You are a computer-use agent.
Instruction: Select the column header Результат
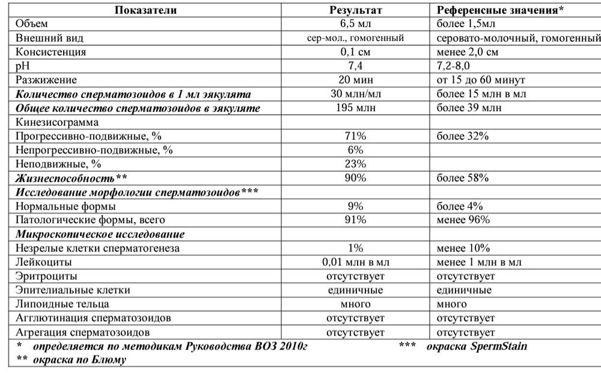pos(355,10)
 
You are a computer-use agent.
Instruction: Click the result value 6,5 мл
pos(355,24)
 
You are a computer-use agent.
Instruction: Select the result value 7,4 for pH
pos(355,66)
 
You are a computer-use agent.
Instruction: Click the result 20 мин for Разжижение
pos(355,79)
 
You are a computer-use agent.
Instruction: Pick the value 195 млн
pos(355,108)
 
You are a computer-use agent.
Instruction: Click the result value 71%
pos(355,136)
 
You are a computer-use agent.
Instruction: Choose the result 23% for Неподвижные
pos(355,164)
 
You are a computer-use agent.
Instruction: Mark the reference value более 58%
pos(463,178)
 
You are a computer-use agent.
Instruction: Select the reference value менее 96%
pos(463,220)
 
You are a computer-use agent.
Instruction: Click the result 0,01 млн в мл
pos(355,262)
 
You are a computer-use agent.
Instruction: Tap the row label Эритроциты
pos(45,276)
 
